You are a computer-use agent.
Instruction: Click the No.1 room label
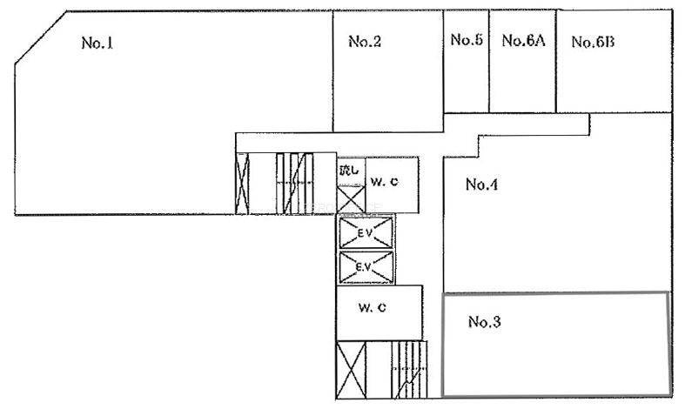(97, 43)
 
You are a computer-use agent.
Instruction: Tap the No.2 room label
(365, 41)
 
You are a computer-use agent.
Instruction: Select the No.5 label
(467, 40)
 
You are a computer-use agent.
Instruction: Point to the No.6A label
(523, 41)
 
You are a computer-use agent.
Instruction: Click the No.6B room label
(593, 42)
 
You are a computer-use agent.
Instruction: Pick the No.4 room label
(481, 185)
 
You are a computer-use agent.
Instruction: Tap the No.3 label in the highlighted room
(484, 322)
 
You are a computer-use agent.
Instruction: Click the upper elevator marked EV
(366, 232)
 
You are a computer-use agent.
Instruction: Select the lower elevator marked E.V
(366, 267)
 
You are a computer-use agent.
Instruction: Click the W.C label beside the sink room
(385, 182)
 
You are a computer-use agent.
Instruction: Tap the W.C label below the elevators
(373, 307)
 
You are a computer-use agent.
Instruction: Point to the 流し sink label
(349, 170)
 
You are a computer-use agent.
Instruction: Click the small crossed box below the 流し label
(352, 199)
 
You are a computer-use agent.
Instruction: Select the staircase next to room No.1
(295, 184)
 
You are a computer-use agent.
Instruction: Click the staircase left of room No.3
(409, 370)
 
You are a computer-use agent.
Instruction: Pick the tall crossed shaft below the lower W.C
(352, 370)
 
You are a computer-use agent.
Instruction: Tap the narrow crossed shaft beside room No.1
(242, 184)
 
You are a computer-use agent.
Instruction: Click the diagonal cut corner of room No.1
(41, 37)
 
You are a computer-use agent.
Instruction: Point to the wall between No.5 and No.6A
(488, 62)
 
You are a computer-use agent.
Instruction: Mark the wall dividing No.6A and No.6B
(555, 62)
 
